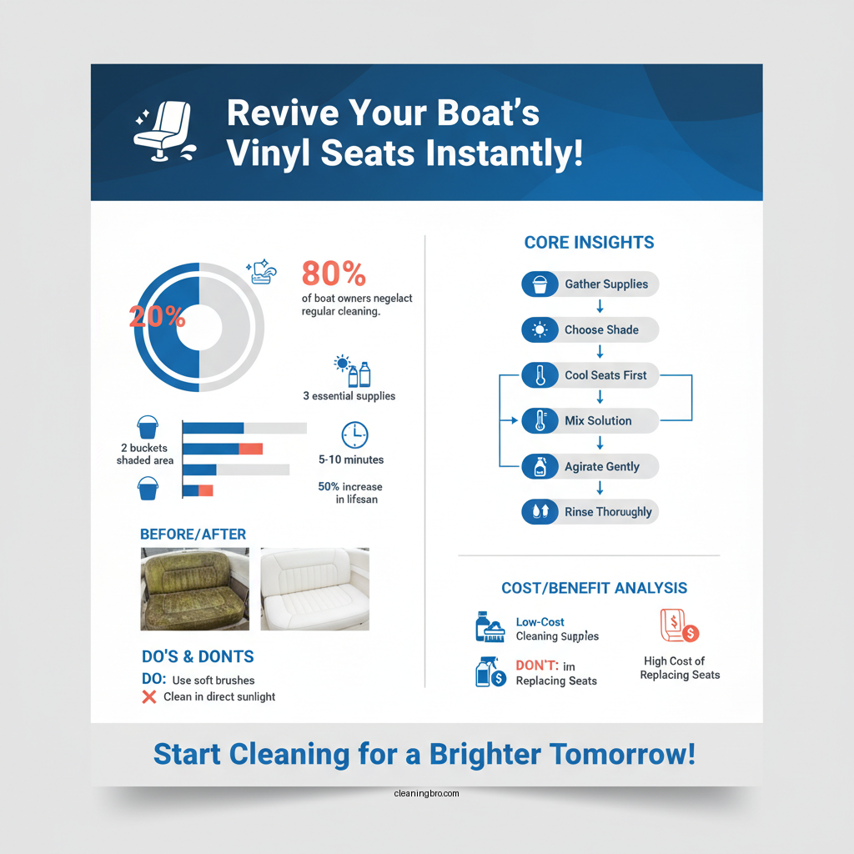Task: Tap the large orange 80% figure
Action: pyautogui.click(x=334, y=273)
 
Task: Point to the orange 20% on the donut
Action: pyautogui.click(x=157, y=316)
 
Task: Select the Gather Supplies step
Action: pyautogui.click(x=590, y=284)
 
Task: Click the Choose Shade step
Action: pyautogui.click(x=590, y=329)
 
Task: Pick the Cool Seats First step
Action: pyautogui.click(x=590, y=375)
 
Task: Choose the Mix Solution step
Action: pyautogui.click(x=590, y=420)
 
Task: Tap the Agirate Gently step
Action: pyautogui.click(x=590, y=466)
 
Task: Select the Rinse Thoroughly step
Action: pyautogui.click(x=590, y=511)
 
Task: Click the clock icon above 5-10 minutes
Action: pyautogui.click(x=354, y=435)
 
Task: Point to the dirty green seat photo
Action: pyautogui.click(x=195, y=588)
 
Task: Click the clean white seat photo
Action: pyautogui.click(x=314, y=588)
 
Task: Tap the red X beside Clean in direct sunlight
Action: pyautogui.click(x=149, y=696)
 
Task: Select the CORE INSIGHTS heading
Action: pyautogui.click(x=589, y=243)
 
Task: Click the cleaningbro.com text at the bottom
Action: pyautogui.click(x=426, y=793)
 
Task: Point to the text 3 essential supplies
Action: pyautogui.click(x=349, y=396)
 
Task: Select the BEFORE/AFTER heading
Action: pyautogui.click(x=193, y=534)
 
